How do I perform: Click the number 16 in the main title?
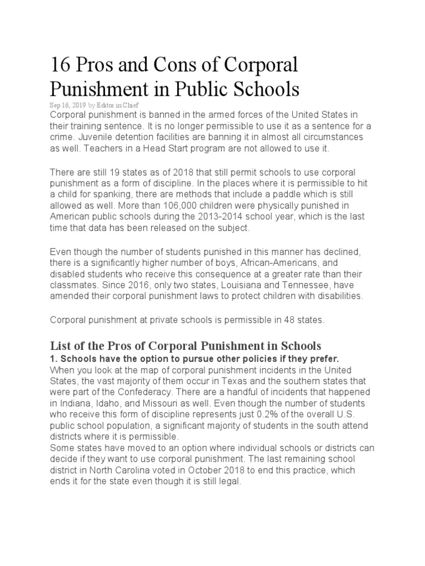click(60, 65)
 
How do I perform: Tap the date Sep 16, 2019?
click(68, 104)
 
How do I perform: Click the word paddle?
click(258, 195)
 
